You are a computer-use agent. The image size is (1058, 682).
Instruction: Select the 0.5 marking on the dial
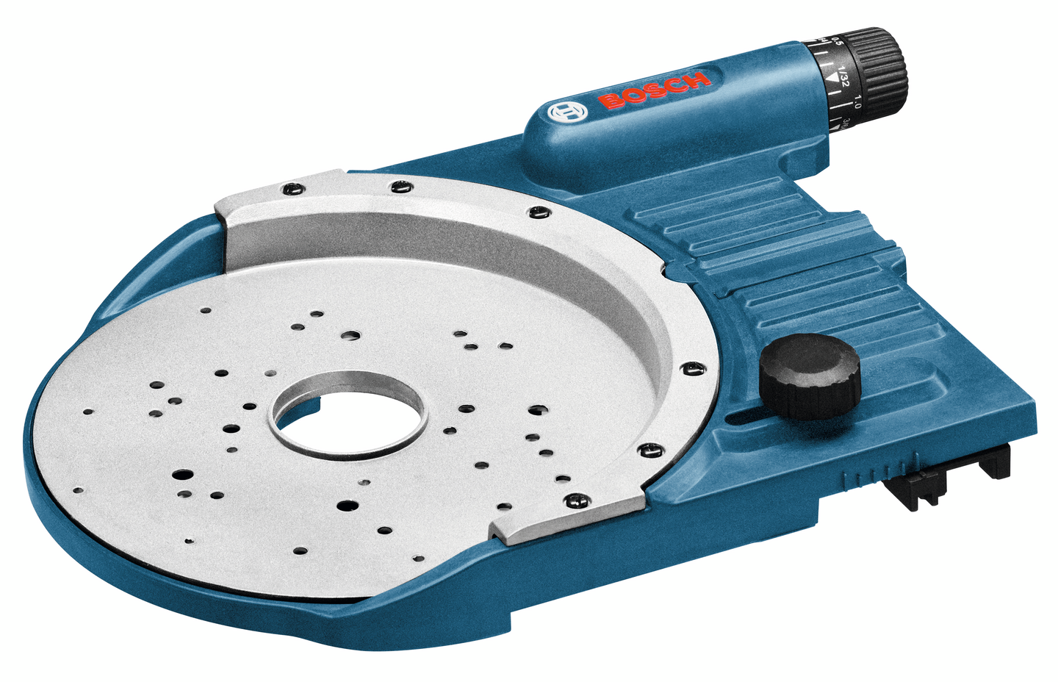click(x=835, y=43)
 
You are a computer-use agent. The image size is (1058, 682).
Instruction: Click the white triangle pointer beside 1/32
click(x=831, y=76)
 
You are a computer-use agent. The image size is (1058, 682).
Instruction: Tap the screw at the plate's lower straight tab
click(x=575, y=500)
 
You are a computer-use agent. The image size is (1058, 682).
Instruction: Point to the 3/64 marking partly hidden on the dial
click(x=847, y=123)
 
